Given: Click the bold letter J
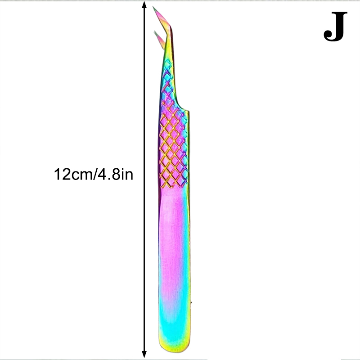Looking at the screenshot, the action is coord(335,27).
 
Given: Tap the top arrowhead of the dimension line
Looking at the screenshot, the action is coord(144,4).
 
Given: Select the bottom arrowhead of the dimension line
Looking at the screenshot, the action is coord(144,354).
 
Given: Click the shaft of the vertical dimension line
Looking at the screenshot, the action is coord(144,180).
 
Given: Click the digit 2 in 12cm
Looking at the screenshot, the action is coord(66,174).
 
